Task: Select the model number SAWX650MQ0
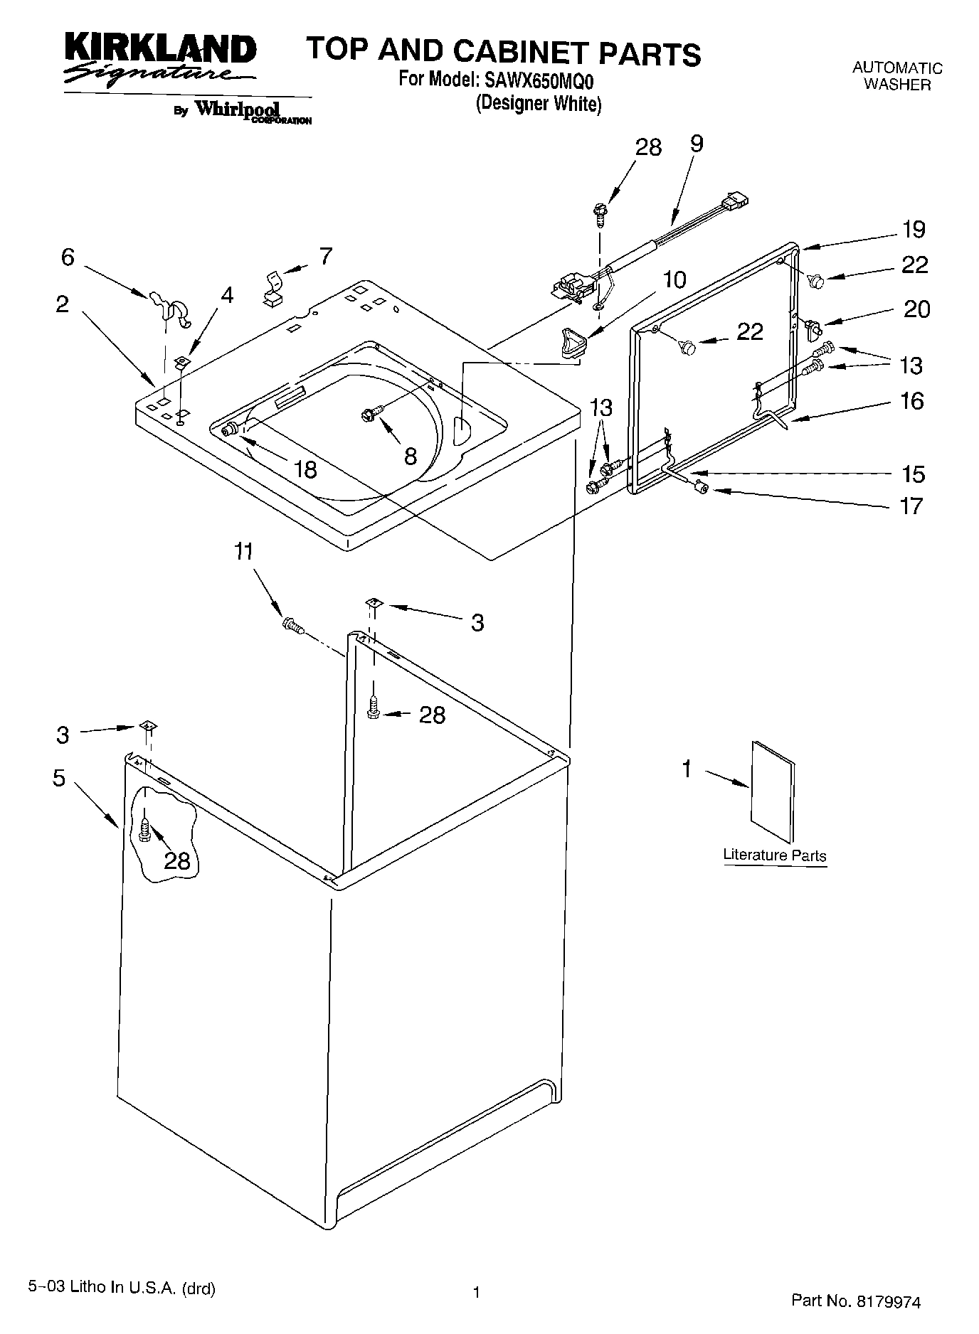coord(539,80)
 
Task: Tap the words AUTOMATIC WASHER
coord(897,76)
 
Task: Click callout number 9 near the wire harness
coord(697,144)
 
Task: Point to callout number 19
coord(914,230)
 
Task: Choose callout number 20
coord(916,309)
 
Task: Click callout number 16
coord(911,401)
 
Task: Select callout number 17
coord(911,506)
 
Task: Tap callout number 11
coord(244,552)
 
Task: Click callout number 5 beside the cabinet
coord(58,778)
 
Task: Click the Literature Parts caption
coord(774,855)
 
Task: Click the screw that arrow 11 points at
coord(292,626)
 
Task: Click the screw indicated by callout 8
coord(372,411)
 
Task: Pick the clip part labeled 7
coord(272,287)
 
